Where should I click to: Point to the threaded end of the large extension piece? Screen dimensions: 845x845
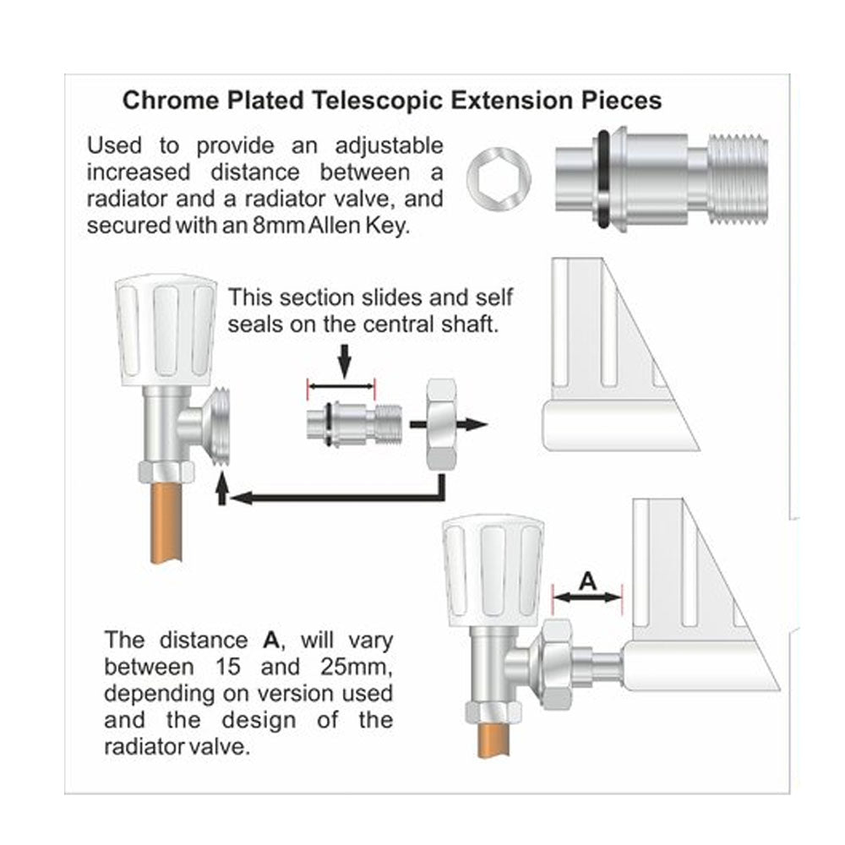tap(738, 181)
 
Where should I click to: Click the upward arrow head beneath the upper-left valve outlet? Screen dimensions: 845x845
tap(222, 489)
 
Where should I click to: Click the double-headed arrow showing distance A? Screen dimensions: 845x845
tap(586, 596)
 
